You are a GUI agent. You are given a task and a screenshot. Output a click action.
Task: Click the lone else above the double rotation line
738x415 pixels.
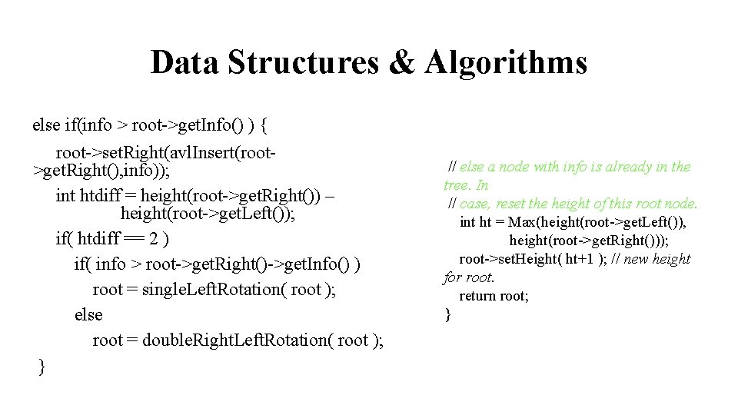click(88, 315)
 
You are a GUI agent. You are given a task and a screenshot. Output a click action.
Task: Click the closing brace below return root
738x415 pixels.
click(448, 314)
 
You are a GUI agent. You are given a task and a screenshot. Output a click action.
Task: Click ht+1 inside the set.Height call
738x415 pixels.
click(579, 259)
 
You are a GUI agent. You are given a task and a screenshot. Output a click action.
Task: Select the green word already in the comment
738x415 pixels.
click(627, 167)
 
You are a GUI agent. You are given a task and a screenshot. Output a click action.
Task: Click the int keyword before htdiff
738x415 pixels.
click(66, 195)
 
